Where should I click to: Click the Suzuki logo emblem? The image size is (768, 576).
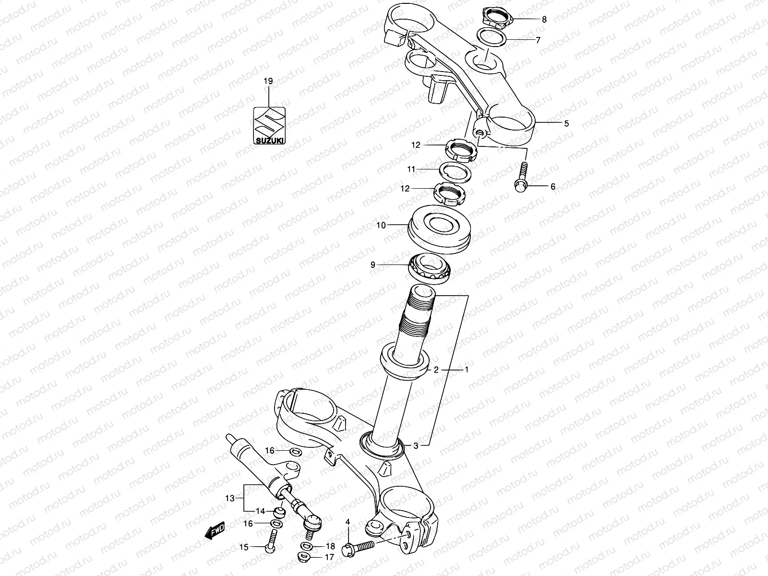click(x=269, y=125)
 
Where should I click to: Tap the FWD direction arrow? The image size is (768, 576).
click(x=215, y=530)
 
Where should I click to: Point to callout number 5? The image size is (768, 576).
click(x=566, y=124)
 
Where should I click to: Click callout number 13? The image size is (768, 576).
click(x=231, y=498)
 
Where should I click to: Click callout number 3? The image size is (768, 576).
click(x=416, y=446)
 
